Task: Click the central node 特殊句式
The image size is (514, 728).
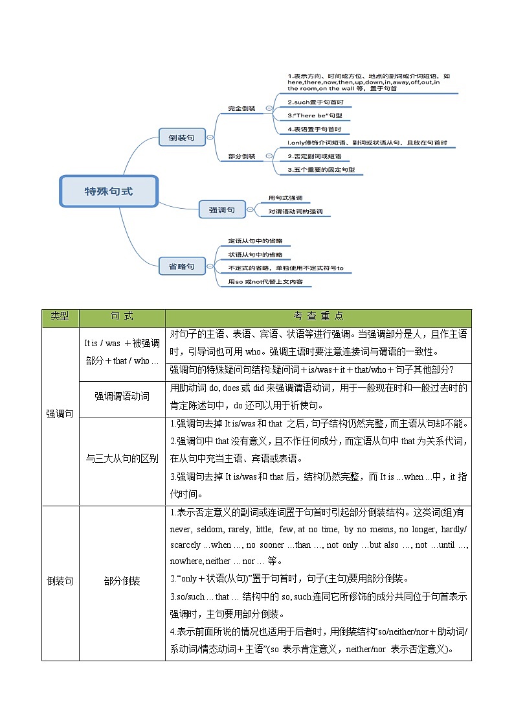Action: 109,191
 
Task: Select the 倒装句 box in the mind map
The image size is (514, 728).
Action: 181,137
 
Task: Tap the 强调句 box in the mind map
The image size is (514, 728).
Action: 221,209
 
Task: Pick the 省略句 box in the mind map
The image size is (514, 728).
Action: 181,266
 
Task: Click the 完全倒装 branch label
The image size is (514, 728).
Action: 241,108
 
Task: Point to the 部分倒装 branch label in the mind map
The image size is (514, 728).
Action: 241,156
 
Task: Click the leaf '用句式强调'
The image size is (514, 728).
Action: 285,198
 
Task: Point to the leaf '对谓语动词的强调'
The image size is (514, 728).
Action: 295,211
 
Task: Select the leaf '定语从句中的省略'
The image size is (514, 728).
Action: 255,241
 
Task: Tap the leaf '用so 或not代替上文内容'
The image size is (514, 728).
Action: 265,282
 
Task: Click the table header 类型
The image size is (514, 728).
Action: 60,316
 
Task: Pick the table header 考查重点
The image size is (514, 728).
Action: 318,316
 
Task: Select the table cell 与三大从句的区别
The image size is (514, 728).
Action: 122,458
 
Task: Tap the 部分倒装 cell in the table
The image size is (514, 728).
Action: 122,581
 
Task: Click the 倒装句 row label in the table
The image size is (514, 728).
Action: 60,581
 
